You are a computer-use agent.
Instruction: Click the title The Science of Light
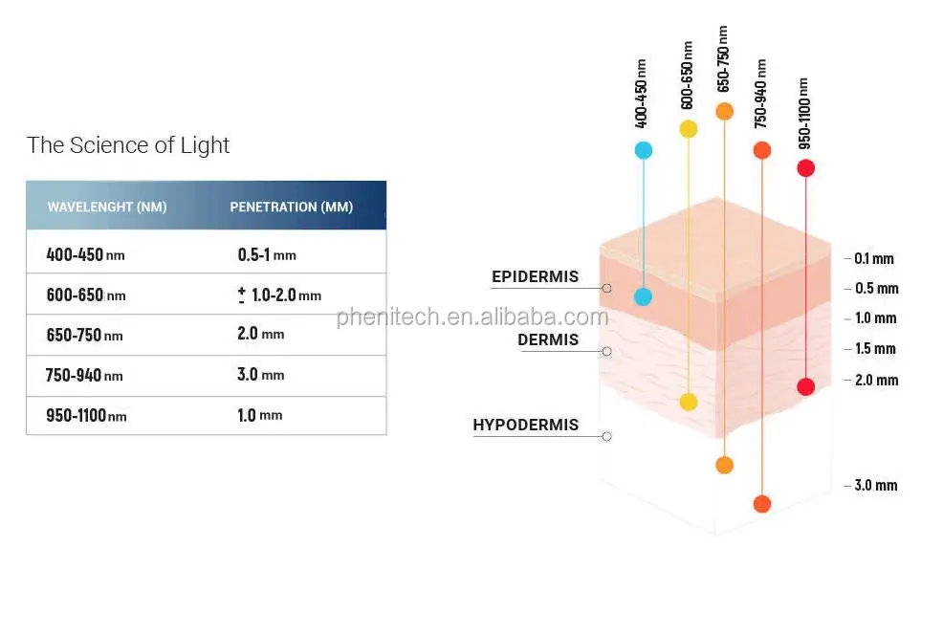[x=128, y=145]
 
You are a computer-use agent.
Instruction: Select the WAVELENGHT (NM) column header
[x=107, y=208]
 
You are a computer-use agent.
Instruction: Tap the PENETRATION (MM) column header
[x=291, y=208]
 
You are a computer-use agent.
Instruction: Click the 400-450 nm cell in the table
[x=86, y=255]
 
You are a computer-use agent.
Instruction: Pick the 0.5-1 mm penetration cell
[x=267, y=255]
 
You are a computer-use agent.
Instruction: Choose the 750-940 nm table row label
[x=84, y=376]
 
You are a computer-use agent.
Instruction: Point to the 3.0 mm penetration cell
[x=260, y=375]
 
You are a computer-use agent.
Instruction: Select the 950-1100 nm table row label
[x=86, y=416]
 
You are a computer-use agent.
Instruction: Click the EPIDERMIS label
[x=535, y=277]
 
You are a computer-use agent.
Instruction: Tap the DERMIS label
[x=548, y=339]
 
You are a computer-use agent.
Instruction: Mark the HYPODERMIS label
[x=525, y=425]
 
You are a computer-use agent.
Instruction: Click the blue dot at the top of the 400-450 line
[x=643, y=150]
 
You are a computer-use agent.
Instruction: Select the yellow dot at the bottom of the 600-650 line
[x=689, y=402]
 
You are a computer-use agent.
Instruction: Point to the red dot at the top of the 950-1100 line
[x=805, y=168]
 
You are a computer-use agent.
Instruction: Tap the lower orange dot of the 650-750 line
[x=724, y=466]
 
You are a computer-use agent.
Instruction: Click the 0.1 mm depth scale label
[x=873, y=258]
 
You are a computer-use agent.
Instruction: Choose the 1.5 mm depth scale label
[x=875, y=348]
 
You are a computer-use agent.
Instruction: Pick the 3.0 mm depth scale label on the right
[x=875, y=485]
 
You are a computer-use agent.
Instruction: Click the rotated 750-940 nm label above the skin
[x=760, y=94]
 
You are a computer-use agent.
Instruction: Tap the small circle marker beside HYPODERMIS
[x=606, y=436]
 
